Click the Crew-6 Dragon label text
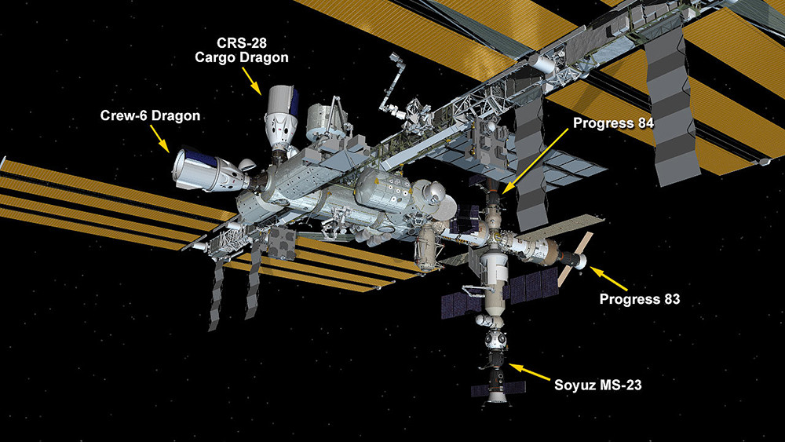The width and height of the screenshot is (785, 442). (x=150, y=115)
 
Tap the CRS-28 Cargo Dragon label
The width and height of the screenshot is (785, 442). (x=241, y=50)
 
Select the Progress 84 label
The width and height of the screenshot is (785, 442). (x=613, y=123)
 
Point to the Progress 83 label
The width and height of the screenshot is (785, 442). (x=640, y=299)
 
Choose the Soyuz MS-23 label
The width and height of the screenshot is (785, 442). (x=597, y=385)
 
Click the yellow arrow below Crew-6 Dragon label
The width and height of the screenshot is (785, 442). (x=160, y=138)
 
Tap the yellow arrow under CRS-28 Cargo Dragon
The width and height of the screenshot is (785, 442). (x=252, y=81)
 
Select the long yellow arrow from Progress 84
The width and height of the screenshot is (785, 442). (x=535, y=161)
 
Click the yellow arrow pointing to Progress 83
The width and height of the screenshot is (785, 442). (x=609, y=279)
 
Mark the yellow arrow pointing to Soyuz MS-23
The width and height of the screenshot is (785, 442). (x=529, y=373)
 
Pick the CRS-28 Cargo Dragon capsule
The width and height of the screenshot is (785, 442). (x=281, y=118)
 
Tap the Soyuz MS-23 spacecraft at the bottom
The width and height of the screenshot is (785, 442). (x=497, y=378)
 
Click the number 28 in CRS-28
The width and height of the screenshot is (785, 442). (x=258, y=42)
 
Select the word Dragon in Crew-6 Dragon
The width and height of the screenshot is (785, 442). (x=176, y=116)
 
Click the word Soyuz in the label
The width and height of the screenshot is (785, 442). (x=571, y=385)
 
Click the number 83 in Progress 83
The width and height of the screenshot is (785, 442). (x=671, y=299)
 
